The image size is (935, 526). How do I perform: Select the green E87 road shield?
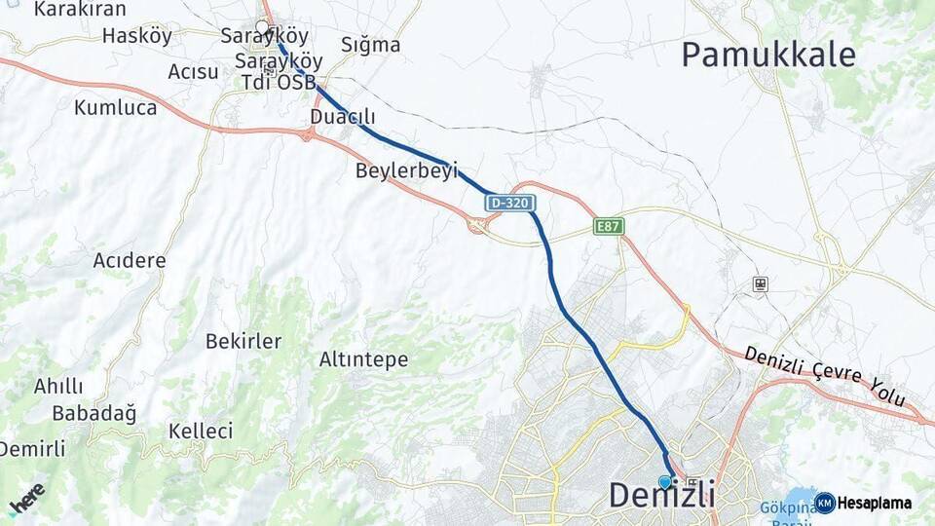609,226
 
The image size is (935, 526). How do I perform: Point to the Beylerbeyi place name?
406,170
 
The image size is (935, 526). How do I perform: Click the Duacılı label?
342,117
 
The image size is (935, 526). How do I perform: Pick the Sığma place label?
371,45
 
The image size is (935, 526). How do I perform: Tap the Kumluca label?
115,107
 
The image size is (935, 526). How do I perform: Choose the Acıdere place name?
130,261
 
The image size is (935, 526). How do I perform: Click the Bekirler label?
243,341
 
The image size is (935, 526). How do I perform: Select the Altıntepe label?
363,359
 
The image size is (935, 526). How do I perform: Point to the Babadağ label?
94,412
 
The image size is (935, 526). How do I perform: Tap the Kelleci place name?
201,431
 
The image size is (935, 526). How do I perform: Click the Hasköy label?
136,36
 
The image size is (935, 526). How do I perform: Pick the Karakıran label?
80,10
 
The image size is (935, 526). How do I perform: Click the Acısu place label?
193,71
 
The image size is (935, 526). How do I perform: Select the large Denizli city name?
662,495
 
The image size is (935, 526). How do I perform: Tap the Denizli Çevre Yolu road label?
825,376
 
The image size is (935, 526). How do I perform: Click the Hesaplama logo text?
874,504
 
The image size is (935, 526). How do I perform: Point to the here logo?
26,499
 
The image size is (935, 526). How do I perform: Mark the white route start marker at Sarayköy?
262,27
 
